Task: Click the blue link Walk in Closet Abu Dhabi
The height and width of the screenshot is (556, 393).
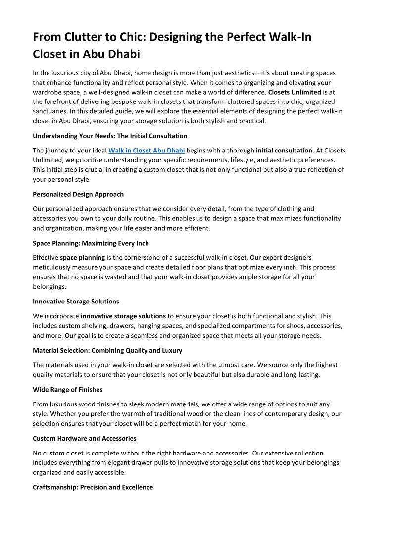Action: pyautogui.click(x=147, y=151)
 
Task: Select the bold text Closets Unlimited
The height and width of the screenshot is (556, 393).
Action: pyautogui.click(x=294, y=92)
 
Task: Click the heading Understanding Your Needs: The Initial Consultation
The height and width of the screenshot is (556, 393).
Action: pyautogui.click(x=110, y=136)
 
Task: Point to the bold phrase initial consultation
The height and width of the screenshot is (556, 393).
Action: pyautogui.click(x=284, y=151)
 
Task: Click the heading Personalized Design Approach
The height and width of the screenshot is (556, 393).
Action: pyautogui.click(x=78, y=194)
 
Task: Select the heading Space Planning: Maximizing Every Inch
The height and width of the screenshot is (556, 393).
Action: pyautogui.click(x=91, y=243)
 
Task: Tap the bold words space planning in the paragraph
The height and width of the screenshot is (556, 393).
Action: pyautogui.click(x=83, y=258)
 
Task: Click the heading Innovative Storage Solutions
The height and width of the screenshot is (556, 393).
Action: pyautogui.click(x=76, y=301)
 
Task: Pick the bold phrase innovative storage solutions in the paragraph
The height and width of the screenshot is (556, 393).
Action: pyautogui.click(x=123, y=316)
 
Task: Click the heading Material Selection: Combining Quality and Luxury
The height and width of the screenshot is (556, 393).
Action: pyautogui.click(x=107, y=350)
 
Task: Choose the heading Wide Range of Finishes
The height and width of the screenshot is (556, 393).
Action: pyautogui.click(x=68, y=389)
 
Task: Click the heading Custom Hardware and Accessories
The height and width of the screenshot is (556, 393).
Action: pyautogui.click(x=85, y=438)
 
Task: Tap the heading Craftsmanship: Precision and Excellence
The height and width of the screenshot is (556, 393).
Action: pyautogui.click(x=93, y=487)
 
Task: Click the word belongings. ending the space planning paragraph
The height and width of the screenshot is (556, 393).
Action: pyautogui.click(x=49, y=287)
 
